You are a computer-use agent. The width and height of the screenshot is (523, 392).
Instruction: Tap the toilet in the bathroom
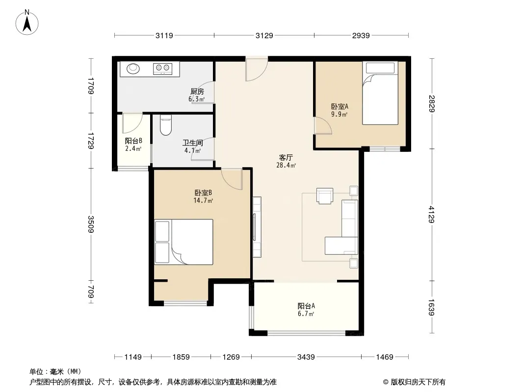tap(166, 125)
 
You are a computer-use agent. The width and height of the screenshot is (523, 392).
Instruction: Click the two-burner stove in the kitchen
tap(163, 69)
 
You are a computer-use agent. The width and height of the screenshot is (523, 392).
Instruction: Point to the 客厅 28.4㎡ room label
tap(286, 161)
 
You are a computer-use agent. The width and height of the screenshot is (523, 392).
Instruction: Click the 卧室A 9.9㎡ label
tap(340, 110)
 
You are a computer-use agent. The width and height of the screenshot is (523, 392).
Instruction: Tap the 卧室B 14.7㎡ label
tap(203, 196)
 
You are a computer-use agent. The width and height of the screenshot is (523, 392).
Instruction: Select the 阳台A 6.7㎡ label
tap(306, 310)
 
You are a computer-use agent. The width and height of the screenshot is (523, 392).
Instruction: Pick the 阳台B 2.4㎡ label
tap(133, 145)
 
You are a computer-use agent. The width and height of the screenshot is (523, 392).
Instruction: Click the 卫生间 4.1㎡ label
tap(193, 147)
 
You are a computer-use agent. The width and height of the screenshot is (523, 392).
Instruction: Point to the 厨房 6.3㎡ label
tap(197, 95)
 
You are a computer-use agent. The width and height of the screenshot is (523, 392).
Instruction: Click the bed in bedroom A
tap(380, 93)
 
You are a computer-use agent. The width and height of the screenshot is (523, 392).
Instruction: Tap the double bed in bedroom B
tap(183, 242)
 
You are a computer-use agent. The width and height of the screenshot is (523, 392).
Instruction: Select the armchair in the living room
tap(324, 196)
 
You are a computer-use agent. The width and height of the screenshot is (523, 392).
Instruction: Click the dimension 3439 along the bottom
tap(306, 357)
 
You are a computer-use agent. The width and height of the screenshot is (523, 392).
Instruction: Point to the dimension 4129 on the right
tap(432, 215)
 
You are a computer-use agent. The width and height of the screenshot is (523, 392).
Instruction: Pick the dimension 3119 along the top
tap(164, 35)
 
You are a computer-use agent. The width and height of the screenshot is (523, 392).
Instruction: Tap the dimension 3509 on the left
tap(91, 224)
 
